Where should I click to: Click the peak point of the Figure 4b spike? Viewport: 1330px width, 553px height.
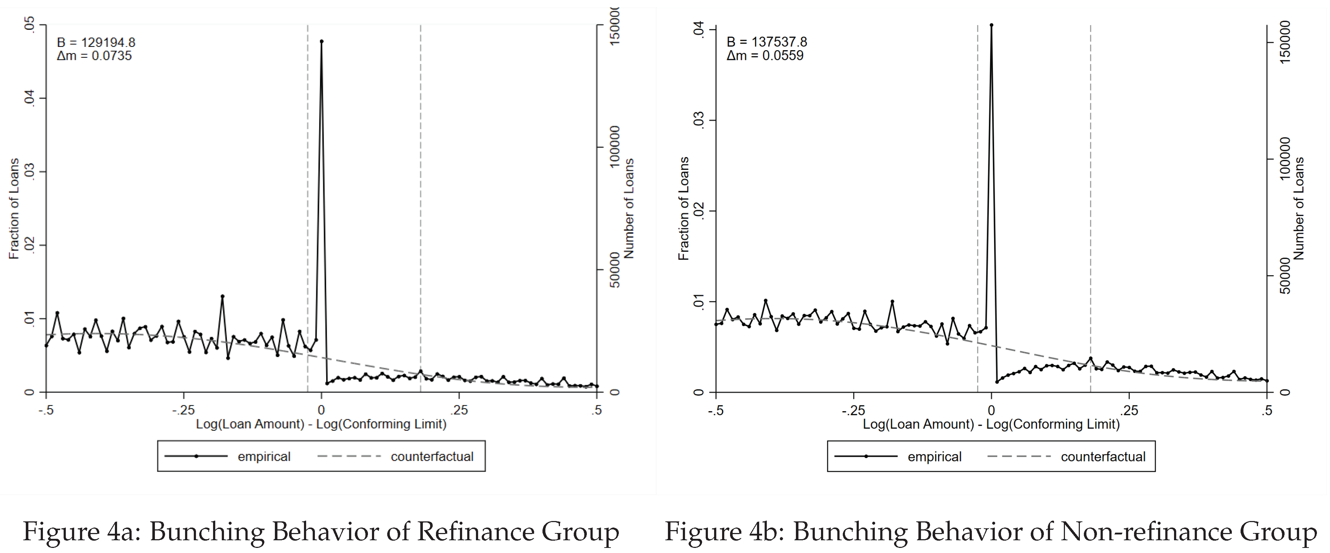click(991, 25)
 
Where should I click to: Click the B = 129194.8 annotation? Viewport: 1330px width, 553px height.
click(96, 42)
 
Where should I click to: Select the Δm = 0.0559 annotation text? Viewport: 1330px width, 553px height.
click(765, 56)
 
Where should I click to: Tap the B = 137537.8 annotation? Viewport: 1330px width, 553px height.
click(767, 42)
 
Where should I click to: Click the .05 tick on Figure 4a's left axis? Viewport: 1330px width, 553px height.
click(29, 24)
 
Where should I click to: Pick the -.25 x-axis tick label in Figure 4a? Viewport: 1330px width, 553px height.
click(183, 410)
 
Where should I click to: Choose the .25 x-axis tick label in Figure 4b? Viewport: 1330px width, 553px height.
click(1129, 411)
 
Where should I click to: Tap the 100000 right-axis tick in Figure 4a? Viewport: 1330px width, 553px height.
click(614, 147)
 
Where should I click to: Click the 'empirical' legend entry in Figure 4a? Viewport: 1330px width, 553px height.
click(264, 456)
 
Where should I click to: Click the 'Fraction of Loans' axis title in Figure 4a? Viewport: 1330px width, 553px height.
click(14, 209)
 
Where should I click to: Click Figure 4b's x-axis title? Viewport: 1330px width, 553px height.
click(991, 424)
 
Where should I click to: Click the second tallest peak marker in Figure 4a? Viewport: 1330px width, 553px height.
click(223, 296)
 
